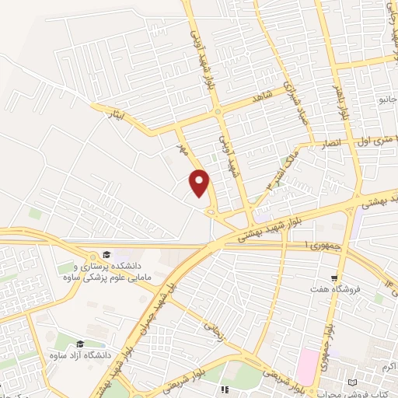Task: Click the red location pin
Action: [x=200, y=183]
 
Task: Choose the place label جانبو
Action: [x=386, y=99]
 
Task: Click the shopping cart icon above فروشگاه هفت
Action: [x=334, y=278]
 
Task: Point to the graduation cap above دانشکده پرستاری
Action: [x=106, y=255]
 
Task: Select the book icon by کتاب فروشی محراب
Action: [x=354, y=382]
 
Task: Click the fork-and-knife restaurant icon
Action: [x=225, y=389]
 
